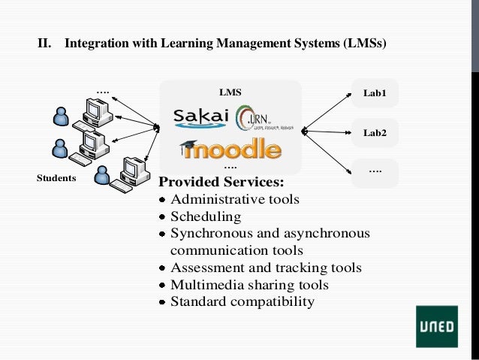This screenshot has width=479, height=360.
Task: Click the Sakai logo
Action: pos(200,118)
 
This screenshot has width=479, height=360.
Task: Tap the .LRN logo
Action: pos(258,119)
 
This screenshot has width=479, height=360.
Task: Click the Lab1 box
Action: pos(375,93)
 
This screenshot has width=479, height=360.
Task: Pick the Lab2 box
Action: pos(375,133)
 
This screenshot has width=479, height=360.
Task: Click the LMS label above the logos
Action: pos(230,92)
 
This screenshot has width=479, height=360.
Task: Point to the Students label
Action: pos(56,178)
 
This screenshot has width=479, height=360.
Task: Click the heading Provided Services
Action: pos(221,182)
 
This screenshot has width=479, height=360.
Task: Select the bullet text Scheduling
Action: pos(206,216)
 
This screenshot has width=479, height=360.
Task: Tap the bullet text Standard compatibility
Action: pos(242,302)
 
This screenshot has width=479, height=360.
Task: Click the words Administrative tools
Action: pos(234,199)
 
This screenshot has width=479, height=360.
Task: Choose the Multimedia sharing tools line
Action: pos(249,285)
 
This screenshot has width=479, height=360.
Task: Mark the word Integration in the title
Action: pos(96,44)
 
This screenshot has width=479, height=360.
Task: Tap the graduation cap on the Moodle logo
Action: pos(188,147)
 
